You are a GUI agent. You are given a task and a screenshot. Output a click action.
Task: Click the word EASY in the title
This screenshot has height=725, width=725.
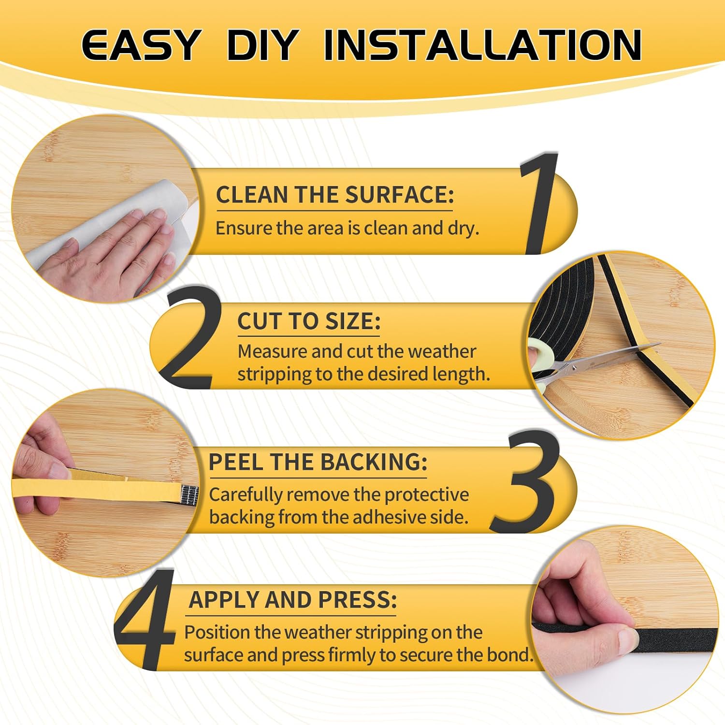pos(140,45)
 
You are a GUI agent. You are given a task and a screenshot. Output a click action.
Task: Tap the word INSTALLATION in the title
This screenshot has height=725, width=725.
pos(482,45)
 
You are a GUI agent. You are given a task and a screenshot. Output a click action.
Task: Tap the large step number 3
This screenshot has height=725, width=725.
pos(524,482)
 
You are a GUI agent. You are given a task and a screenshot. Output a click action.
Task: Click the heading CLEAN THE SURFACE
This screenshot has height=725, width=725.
pos(334,195)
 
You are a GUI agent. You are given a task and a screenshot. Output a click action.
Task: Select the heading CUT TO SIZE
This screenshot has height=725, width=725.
pos(308,321)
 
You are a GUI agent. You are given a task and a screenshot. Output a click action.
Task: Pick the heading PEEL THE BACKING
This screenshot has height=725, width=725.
pos(318,462)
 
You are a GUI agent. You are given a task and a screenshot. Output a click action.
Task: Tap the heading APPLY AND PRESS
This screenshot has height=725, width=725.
pos(292,600)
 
